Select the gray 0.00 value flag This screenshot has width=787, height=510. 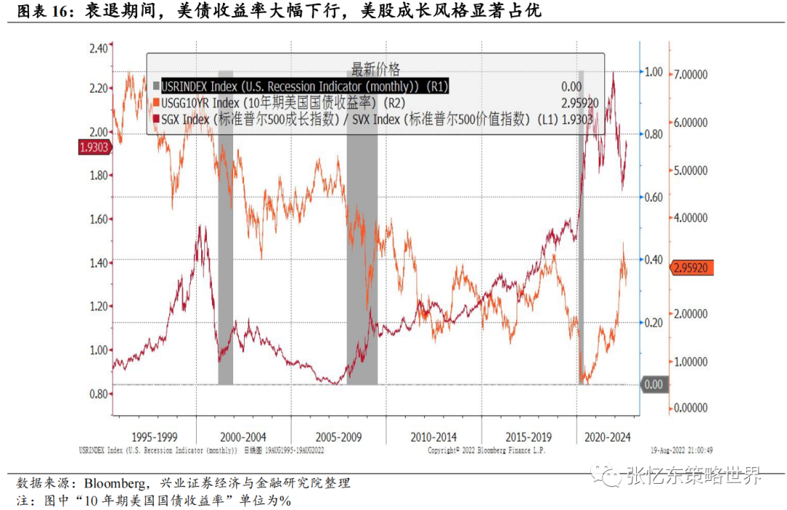(655, 384)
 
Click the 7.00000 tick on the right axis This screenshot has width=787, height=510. (688, 74)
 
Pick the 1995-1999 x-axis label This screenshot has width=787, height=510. (154, 436)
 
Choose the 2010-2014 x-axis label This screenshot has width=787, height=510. (434, 436)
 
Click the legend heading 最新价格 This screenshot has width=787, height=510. (376, 69)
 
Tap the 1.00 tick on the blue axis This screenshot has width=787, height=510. (653, 72)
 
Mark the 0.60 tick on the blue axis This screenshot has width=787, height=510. (653, 197)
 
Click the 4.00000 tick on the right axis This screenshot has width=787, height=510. (688, 218)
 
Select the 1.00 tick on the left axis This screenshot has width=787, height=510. (97, 350)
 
